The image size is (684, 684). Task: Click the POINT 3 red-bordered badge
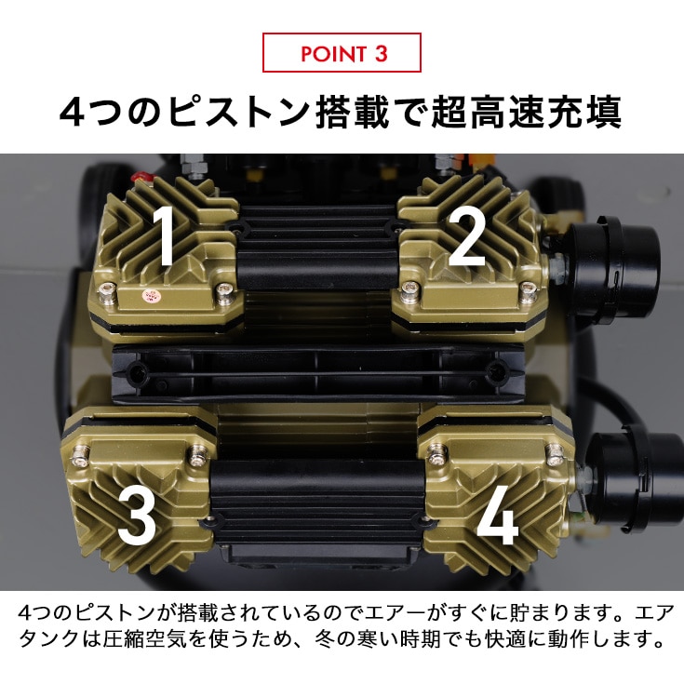pos(342,52)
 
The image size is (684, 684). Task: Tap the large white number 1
pos(164,235)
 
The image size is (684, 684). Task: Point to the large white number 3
pos(137,516)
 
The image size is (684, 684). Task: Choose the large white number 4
pos(497,516)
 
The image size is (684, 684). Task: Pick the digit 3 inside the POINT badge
pos(381,54)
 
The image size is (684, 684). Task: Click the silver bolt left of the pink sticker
pos(107,291)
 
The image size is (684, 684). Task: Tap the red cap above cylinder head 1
pos(141,178)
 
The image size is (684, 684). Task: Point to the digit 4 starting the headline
pos(71,113)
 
